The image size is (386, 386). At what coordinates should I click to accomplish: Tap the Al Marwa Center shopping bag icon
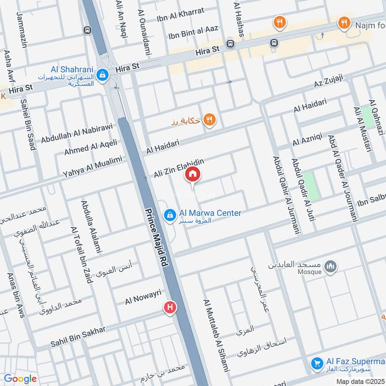(x=169, y=216)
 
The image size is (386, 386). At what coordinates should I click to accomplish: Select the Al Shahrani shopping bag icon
(x=102, y=75)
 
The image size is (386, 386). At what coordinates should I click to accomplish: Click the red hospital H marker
(x=169, y=307)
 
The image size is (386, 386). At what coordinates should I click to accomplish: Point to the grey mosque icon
(x=331, y=266)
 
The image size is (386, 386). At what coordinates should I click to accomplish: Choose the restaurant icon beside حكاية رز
(x=209, y=120)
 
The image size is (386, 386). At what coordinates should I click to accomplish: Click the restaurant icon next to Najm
(x=344, y=23)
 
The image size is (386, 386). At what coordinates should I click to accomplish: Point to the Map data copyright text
(x=360, y=381)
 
